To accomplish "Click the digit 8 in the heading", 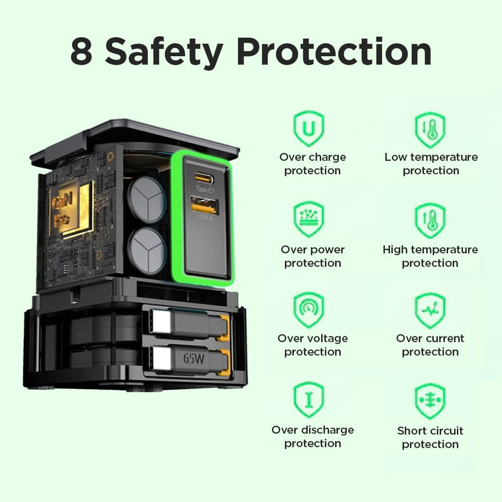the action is pos(82,51).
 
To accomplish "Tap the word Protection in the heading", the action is pos(334,51).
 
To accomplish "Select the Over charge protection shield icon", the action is pos(309,129).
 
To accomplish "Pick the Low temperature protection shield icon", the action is pos(430,130).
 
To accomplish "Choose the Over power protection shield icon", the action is pos(309,219).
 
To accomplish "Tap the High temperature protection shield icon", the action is pos(430,220).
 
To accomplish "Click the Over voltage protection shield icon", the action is pos(309,310).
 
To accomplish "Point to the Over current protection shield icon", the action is pos(430,310).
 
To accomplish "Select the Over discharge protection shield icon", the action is pos(309,400).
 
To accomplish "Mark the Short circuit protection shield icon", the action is pos(430,401).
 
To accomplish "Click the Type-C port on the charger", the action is pos(204,178).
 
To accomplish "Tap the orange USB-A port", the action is pos(205,204).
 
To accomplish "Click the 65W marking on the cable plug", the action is pos(193,358).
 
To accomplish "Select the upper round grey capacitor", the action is pos(147,200).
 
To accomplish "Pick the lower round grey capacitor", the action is pos(147,250).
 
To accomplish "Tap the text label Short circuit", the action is pos(430,431).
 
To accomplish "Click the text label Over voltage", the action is pos(312,338).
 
